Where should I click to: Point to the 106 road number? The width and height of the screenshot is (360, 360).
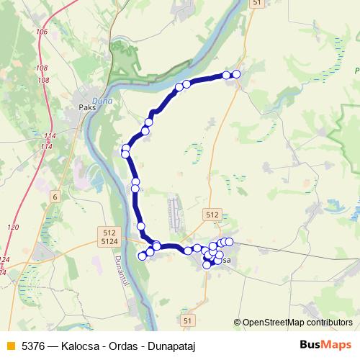[x=41, y=32]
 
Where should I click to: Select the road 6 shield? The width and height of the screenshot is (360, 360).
[x=55, y=197]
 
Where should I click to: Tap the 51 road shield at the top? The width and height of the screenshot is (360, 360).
[x=258, y=4]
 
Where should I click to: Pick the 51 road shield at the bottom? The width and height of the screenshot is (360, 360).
[x=188, y=319]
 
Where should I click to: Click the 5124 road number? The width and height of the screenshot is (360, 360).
[x=109, y=242]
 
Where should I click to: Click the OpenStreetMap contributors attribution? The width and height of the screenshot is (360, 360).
[x=294, y=323]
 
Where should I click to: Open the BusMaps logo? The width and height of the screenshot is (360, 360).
[x=326, y=345]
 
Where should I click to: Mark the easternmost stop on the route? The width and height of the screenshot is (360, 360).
[x=236, y=74]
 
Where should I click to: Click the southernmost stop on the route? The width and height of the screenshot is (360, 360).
[x=207, y=265]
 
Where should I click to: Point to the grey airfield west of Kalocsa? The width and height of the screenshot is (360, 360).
[x=176, y=212]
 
